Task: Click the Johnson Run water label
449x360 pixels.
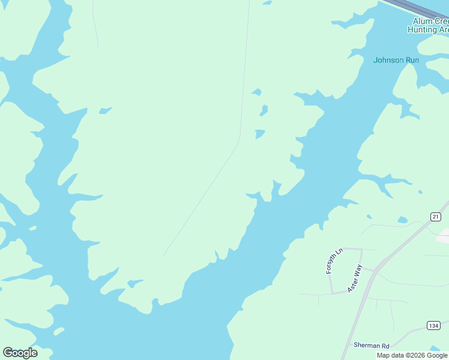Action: click(396, 60)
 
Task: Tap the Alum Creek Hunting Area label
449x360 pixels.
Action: click(430, 25)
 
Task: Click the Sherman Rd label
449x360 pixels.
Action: click(372, 346)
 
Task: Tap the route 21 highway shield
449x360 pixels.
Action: click(435, 216)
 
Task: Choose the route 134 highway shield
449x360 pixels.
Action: click(433, 325)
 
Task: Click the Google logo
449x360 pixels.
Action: click(20, 353)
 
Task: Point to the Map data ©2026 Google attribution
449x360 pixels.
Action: click(412, 355)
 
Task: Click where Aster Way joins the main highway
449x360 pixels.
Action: click(375, 271)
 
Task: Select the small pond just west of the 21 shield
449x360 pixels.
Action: click(402, 221)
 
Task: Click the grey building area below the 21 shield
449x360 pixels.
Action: click(444, 236)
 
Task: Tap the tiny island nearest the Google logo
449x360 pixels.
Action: click(58, 331)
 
